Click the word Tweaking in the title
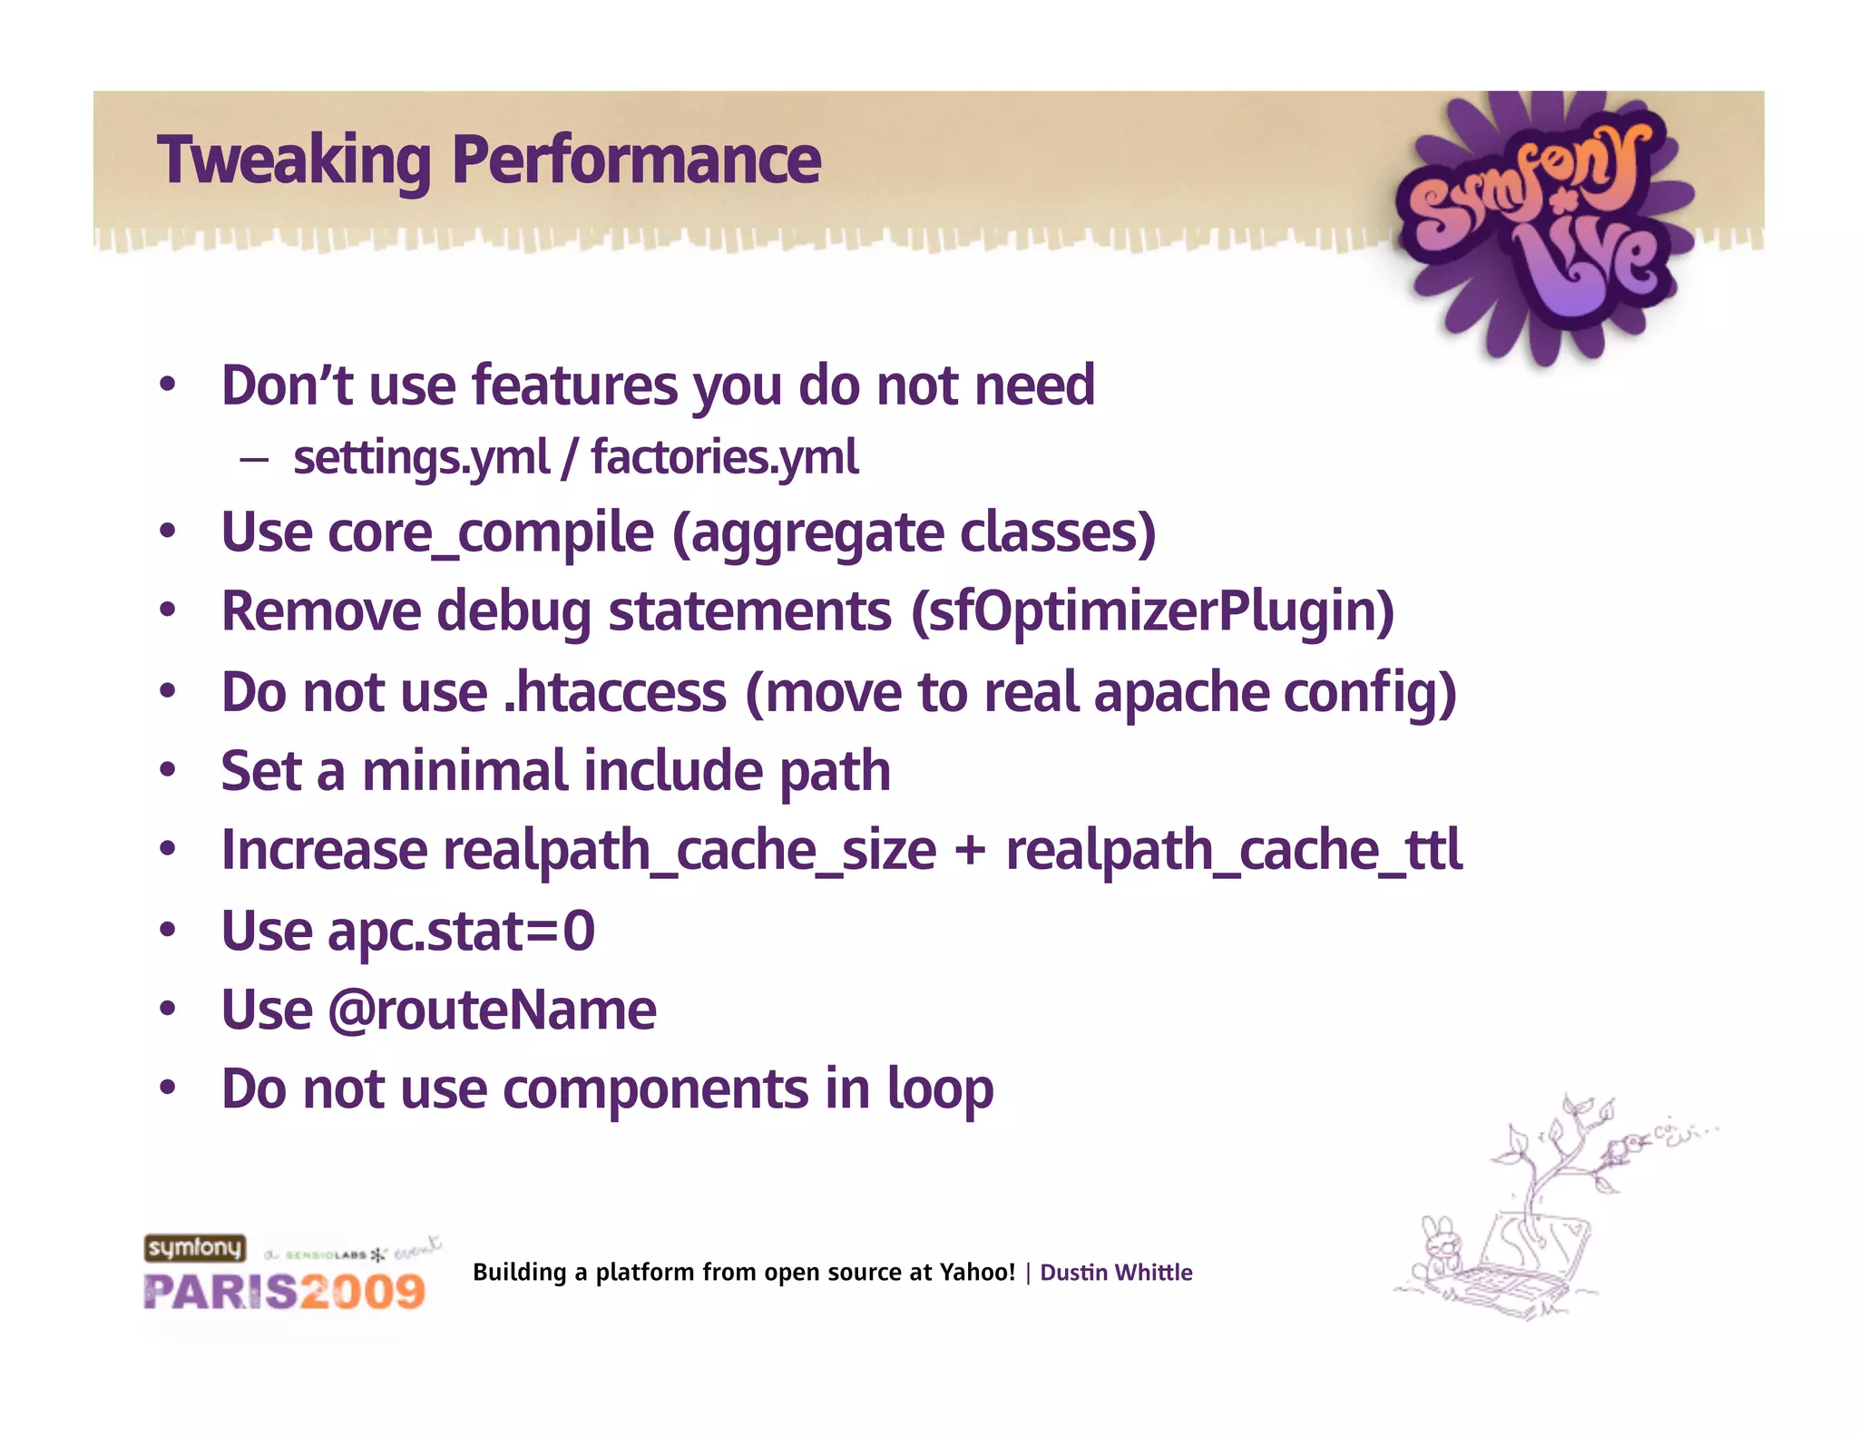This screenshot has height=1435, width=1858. (293, 160)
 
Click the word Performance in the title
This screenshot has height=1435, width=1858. (636, 160)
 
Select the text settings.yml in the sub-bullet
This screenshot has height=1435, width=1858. (421, 457)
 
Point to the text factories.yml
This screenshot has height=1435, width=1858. (724, 457)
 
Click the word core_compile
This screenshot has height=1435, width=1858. (490, 532)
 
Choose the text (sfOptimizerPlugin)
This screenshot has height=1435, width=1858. (1152, 611)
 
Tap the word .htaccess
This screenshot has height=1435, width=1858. (614, 692)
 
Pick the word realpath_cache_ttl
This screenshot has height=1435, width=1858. (1234, 851)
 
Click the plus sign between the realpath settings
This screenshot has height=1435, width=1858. (970, 853)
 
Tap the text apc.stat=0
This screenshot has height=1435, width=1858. (461, 932)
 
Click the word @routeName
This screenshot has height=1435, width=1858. (491, 1010)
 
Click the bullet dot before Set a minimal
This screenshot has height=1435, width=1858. (167, 771)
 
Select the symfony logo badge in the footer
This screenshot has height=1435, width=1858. (195, 1248)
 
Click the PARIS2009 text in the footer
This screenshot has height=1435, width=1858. (284, 1292)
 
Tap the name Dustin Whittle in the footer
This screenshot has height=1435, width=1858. (1115, 1273)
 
